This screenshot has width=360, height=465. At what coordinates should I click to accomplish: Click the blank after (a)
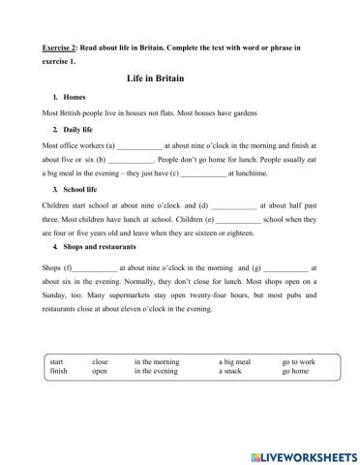coord(141,144)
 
